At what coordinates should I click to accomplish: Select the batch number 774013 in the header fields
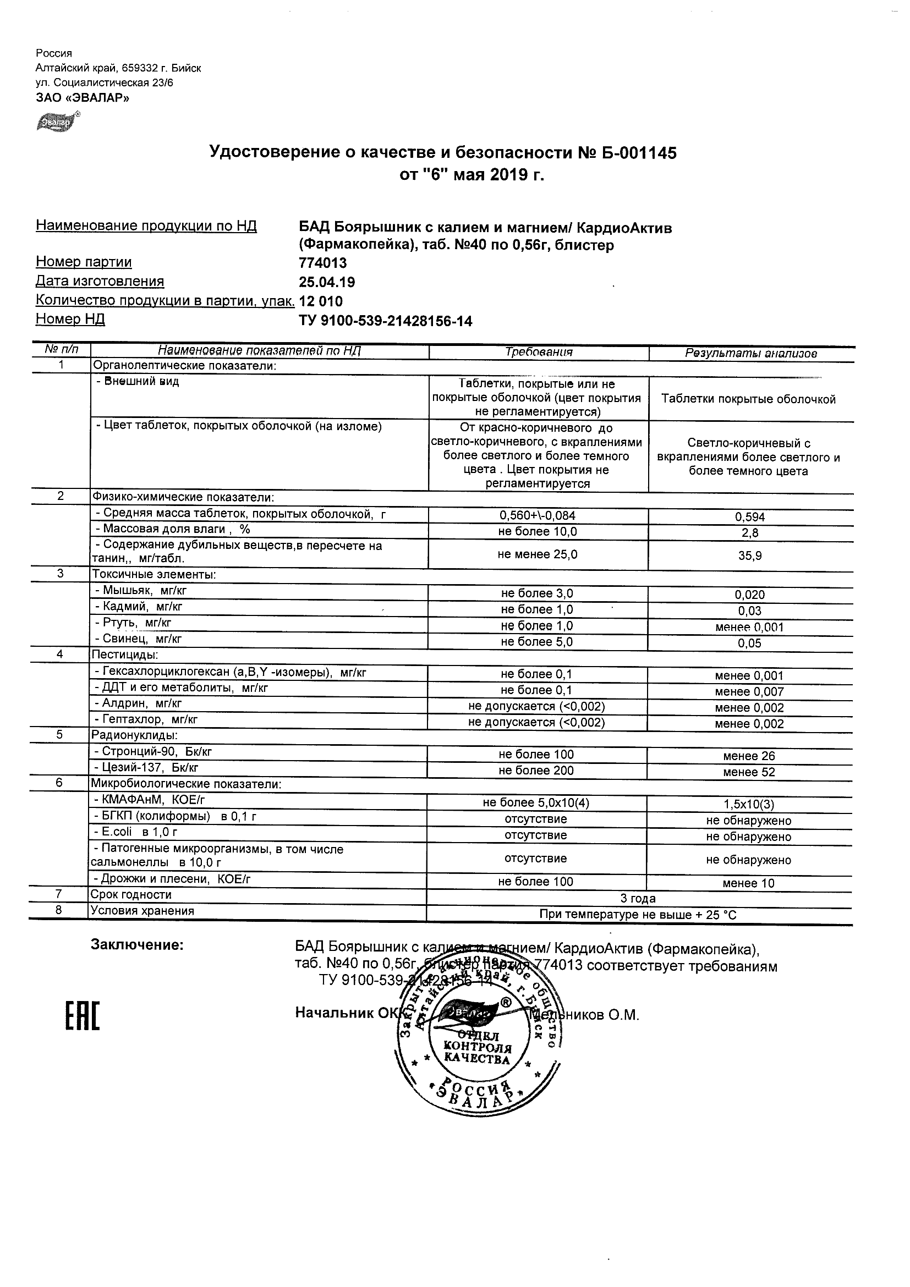pyautogui.click(x=323, y=263)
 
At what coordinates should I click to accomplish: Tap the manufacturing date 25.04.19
pyautogui.click(x=327, y=282)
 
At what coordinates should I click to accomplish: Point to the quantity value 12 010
pyautogui.click(x=321, y=301)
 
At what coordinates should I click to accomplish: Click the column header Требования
pyautogui.click(x=539, y=352)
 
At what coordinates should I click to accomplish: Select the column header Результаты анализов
pyautogui.click(x=751, y=353)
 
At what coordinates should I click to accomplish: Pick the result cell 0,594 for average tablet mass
pyautogui.click(x=750, y=517)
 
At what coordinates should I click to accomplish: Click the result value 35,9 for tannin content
pyautogui.click(x=750, y=555)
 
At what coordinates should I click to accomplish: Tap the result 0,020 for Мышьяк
pyautogui.click(x=750, y=595)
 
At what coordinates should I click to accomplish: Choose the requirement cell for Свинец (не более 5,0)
pyautogui.click(x=537, y=642)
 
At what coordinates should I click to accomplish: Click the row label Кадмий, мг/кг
pyautogui.click(x=139, y=607)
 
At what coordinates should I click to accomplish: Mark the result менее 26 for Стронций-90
pyautogui.click(x=749, y=756)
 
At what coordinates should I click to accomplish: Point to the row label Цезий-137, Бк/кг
pyautogui.click(x=146, y=767)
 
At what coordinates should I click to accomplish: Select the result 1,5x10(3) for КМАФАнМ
pyautogui.click(x=749, y=804)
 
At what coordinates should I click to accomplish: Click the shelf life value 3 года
pyautogui.click(x=638, y=899)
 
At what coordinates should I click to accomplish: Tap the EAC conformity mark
pyautogui.click(x=83, y=1017)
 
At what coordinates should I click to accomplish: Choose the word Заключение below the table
pyautogui.click(x=138, y=945)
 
